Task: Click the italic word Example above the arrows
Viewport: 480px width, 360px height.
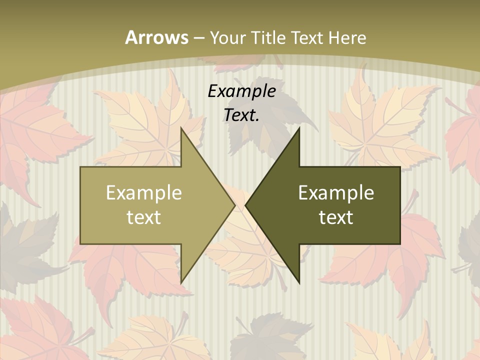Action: pyautogui.click(x=241, y=91)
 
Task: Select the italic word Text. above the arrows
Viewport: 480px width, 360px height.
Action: pyautogui.click(x=241, y=115)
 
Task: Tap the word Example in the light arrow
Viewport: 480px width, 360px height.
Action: pyautogui.click(x=144, y=193)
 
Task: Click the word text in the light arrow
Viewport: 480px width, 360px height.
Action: pyautogui.click(x=144, y=217)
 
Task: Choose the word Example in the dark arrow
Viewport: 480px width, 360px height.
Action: pyautogui.click(x=336, y=193)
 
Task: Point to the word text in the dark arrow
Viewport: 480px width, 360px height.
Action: pyautogui.click(x=336, y=217)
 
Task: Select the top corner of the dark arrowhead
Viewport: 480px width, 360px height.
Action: pyautogui.click(x=299, y=128)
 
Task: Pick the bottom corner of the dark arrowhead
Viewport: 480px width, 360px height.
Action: pyautogui.click(x=299, y=283)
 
